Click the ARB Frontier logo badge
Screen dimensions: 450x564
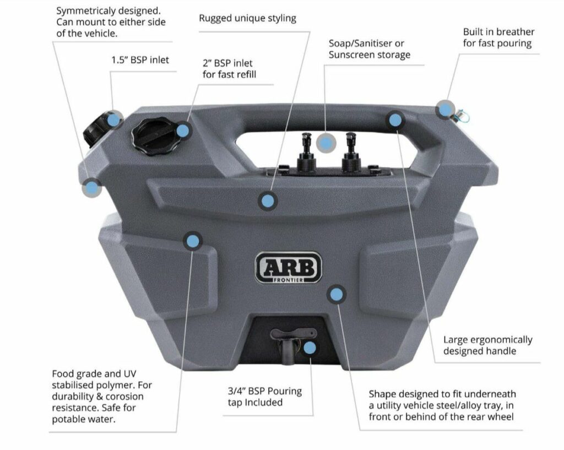288,268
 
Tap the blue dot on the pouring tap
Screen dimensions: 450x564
310,348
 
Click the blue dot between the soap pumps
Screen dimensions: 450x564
326,143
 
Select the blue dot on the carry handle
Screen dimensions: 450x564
395,120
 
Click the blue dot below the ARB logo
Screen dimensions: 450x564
336,294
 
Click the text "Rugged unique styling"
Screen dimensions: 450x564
247,19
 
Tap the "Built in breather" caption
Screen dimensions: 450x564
498,32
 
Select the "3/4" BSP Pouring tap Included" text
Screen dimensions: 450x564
265,397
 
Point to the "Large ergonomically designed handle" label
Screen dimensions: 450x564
487,345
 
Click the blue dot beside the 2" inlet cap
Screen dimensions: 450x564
183,131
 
